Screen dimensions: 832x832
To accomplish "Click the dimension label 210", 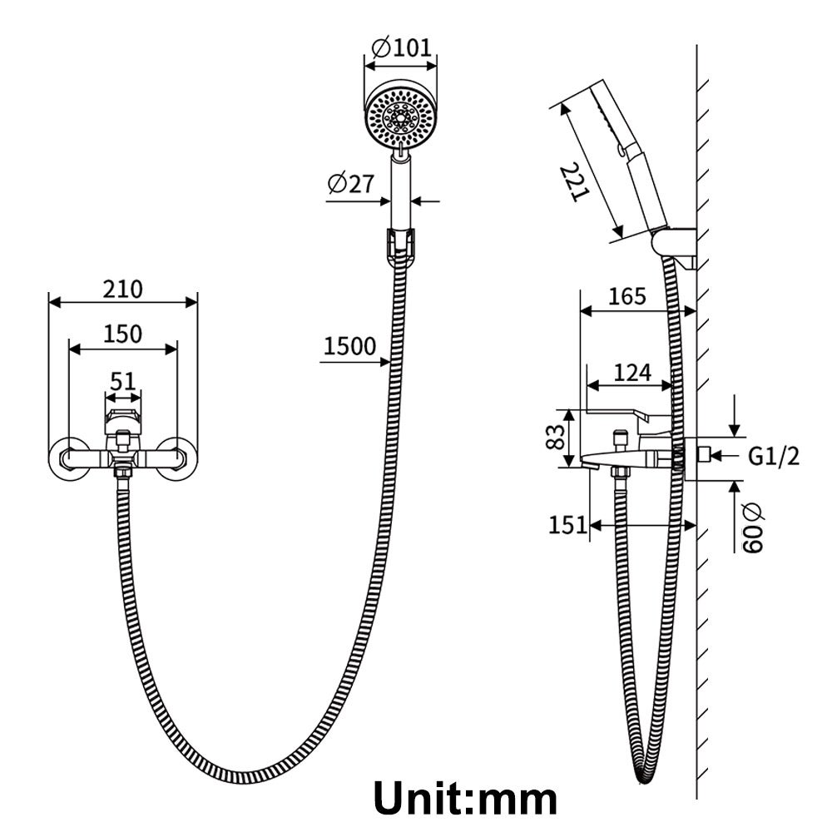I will click(x=122, y=290).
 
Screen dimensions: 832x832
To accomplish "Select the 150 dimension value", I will click(x=122, y=334).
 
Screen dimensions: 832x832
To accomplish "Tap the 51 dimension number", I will click(x=122, y=381).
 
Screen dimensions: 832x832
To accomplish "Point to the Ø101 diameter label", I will click(x=400, y=47).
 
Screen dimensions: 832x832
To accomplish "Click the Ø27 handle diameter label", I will click(x=351, y=185).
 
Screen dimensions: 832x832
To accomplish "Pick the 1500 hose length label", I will click(x=349, y=347).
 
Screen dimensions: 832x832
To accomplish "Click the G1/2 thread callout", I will click(x=774, y=455).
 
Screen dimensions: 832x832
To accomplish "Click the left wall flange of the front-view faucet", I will click(x=66, y=457).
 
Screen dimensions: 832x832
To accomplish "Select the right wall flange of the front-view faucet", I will click(x=181, y=457).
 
